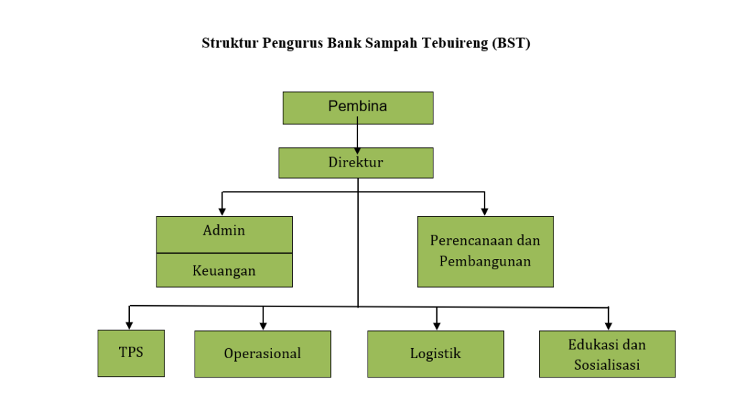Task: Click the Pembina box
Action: (357, 108)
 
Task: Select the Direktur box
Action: (356, 163)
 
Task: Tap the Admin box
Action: (224, 235)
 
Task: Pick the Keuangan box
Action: (224, 271)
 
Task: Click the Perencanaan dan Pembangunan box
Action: (485, 251)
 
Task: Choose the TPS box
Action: (131, 353)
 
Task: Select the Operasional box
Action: (263, 354)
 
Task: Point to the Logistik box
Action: (436, 354)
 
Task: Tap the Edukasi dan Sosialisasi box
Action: (607, 354)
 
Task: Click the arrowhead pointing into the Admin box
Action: (223, 212)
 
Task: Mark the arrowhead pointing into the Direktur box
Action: (357, 151)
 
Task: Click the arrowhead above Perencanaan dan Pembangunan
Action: (484, 212)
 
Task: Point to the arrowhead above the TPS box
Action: (129, 326)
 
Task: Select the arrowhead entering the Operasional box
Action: (263, 326)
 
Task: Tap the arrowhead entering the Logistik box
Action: (437, 326)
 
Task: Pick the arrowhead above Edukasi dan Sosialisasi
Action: (609, 326)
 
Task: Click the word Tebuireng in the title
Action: (454, 43)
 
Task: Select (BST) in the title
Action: (511, 43)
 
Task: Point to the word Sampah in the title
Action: (391, 44)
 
